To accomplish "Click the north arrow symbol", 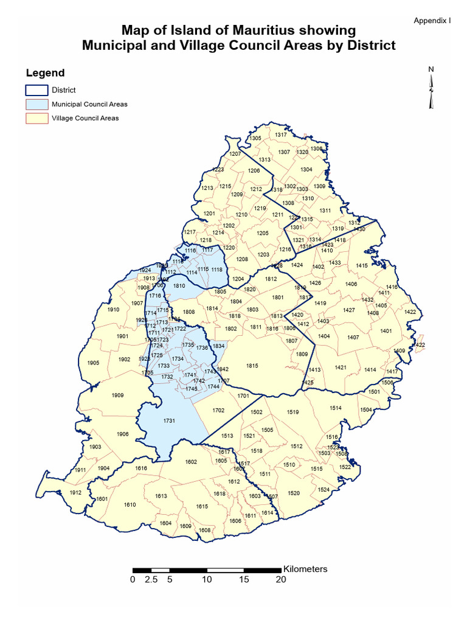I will (431, 89).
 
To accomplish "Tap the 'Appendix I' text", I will (432, 21).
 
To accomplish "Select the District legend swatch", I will (36, 90).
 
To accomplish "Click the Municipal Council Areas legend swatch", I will (36, 104).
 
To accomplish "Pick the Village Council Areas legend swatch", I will (36, 118).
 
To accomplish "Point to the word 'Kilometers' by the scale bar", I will (305, 569).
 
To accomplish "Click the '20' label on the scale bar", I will (281, 580).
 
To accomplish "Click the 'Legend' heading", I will (45, 73).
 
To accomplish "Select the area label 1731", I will (169, 421).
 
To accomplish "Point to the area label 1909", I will (118, 395).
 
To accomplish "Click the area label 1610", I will (130, 504).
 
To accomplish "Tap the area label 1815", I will (252, 366).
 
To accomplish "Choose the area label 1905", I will (93, 363).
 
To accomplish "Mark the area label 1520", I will (294, 493).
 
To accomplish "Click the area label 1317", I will (280, 134).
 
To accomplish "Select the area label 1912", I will (75, 492).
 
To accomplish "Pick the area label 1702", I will (218, 411).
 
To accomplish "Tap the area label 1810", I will (179, 285).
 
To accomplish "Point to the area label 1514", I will (336, 408).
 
